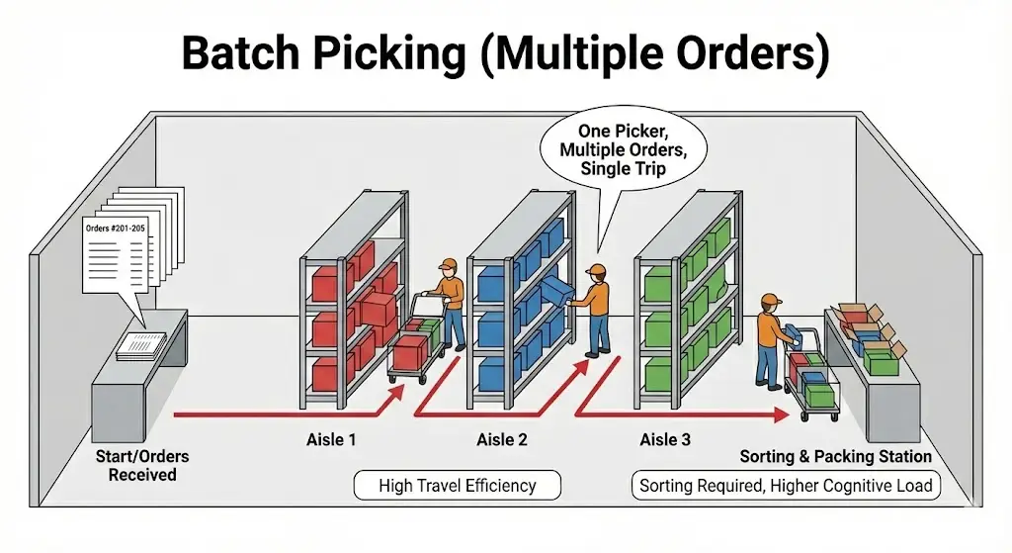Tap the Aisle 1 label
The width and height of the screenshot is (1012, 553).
[332, 439]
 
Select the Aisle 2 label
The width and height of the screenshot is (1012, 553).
[502, 439]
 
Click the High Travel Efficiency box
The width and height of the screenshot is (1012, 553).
[458, 486]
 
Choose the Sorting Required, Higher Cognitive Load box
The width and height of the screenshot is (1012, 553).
[786, 486]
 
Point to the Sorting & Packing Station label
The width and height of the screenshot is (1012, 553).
[836, 456]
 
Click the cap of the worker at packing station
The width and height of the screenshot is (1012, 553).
[771, 300]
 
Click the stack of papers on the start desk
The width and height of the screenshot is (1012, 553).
[143, 342]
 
